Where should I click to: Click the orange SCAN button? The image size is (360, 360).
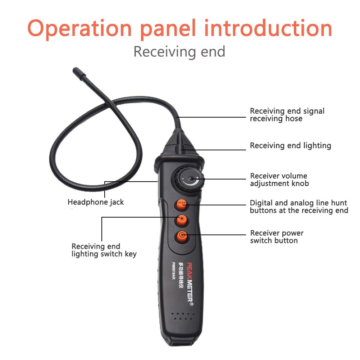click(x=181, y=204)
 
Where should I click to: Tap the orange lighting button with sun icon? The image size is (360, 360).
click(x=182, y=220)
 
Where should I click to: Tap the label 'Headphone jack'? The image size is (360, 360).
click(x=96, y=202)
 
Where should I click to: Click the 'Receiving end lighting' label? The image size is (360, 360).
click(x=290, y=146)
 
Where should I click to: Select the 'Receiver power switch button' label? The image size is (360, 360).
click(x=277, y=237)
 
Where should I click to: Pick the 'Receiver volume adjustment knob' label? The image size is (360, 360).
click(x=279, y=180)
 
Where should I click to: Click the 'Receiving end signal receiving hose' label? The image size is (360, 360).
click(x=287, y=115)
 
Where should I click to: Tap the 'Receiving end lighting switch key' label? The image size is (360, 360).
click(x=104, y=250)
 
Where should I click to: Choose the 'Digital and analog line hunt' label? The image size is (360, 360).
click(x=299, y=207)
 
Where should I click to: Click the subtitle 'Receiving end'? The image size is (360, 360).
click(x=179, y=52)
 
